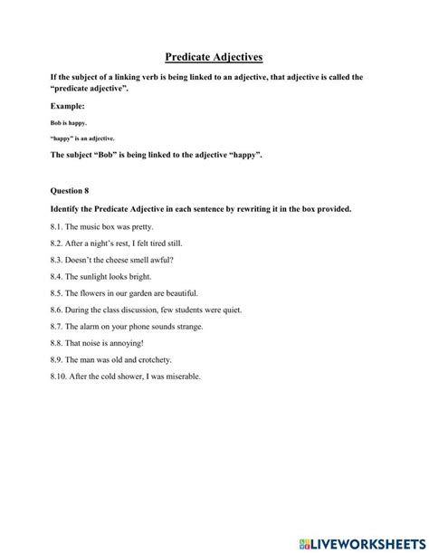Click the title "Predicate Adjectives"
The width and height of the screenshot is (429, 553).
214,57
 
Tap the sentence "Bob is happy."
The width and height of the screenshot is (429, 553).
69,123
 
